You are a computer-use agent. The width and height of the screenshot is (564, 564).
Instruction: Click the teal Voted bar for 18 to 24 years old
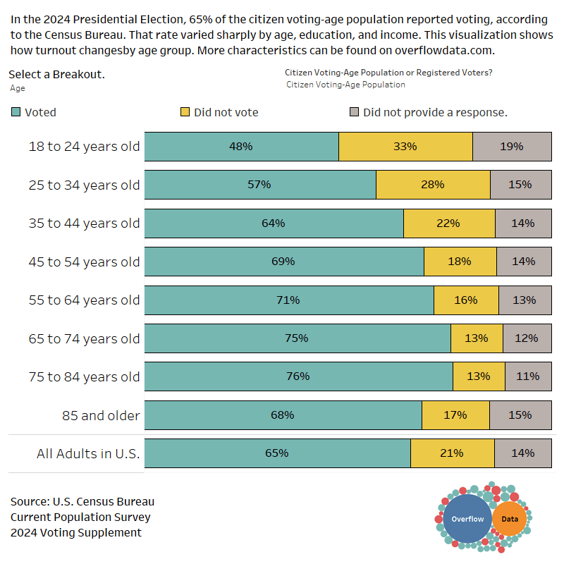tap(241, 147)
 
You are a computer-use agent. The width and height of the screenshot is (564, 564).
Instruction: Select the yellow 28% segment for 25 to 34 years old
tap(433, 185)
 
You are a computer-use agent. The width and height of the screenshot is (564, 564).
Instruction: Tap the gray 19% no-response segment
tap(511, 147)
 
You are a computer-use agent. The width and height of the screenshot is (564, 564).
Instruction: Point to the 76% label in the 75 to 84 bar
tap(298, 376)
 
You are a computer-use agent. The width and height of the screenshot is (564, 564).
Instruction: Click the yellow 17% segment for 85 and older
tap(455, 415)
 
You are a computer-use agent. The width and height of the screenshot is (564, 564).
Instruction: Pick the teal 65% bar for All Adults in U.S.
tap(277, 453)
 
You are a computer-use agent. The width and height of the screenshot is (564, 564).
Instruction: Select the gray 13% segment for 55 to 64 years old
tap(524, 300)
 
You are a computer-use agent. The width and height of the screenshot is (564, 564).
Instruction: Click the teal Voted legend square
tap(16, 112)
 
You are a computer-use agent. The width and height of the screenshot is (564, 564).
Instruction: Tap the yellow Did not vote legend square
tap(185, 112)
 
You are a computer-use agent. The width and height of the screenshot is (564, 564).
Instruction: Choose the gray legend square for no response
tap(355, 112)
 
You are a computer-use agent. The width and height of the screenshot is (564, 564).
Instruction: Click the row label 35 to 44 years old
tap(84, 223)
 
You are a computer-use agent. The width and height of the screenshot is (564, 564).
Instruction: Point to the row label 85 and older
tap(101, 415)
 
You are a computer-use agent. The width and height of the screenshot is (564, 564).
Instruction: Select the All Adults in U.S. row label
tap(88, 453)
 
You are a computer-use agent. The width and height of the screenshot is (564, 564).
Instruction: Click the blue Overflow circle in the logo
tap(467, 519)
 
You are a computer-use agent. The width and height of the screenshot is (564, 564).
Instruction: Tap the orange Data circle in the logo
tap(509, 519)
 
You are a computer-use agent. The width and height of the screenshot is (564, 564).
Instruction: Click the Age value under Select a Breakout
tap(18, 88)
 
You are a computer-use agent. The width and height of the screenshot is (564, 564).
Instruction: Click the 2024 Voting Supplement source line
tap(75, 532)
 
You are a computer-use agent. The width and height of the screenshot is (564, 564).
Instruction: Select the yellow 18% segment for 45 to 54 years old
tap(460, 262)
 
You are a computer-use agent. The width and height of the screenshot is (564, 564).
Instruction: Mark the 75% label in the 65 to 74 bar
tap(297, 338)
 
